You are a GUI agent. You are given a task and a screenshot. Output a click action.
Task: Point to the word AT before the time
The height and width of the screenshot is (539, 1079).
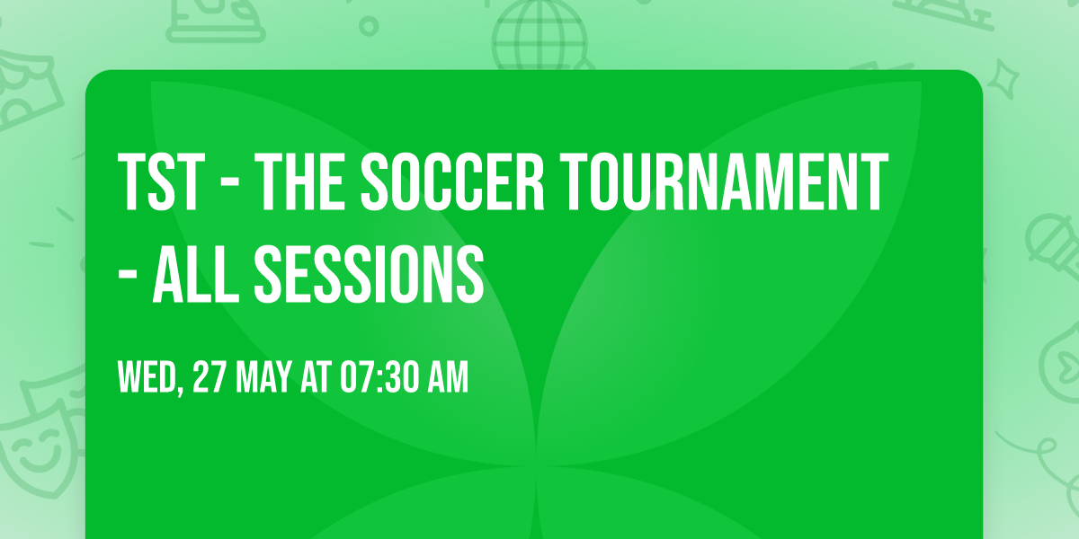click(316, 378)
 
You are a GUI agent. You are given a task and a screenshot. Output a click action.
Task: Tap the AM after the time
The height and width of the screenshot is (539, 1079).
click(449, 378)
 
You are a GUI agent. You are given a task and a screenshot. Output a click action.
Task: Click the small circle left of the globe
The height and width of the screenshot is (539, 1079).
click(369, 26)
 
